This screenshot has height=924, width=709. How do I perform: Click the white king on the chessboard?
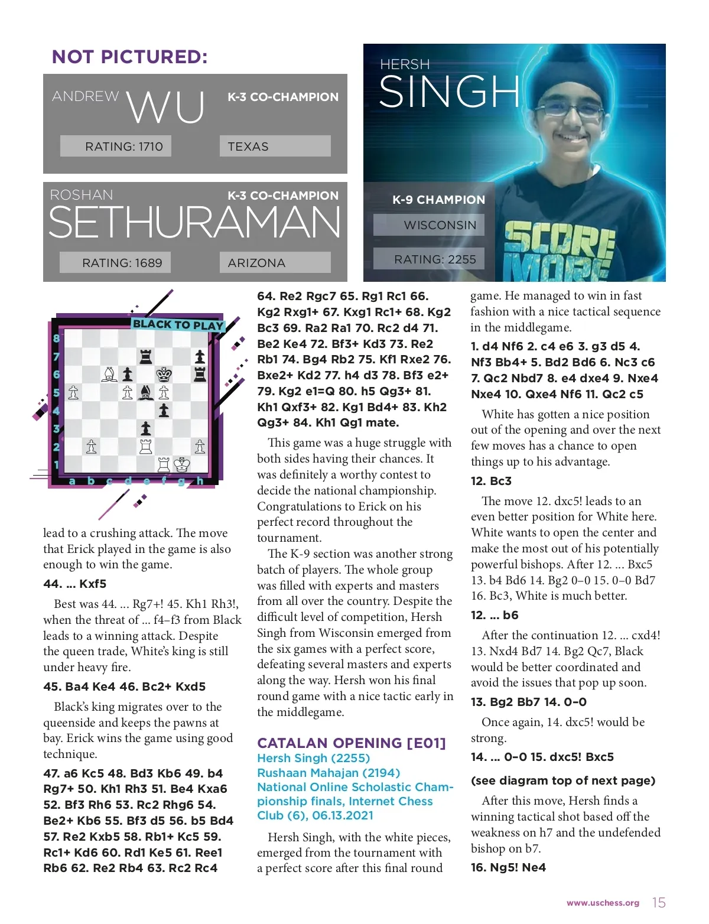(x=182, y=464)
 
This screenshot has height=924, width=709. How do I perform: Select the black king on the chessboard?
(x=164, y=374)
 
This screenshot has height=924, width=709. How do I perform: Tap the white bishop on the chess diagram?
(x=109, y=374)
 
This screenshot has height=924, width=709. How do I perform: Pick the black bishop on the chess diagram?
(x=145, y=392)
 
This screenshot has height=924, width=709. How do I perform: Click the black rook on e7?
(x=145, y=356)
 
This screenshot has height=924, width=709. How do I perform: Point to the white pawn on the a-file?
(x=73, y=392)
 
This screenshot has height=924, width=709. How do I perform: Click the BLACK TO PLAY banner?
(x=178, y=324)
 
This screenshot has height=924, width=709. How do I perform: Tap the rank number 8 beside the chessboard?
(x=57, y=339)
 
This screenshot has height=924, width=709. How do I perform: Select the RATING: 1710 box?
(x=116, y=146)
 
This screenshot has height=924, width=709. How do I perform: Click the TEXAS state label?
(x=275, y=146)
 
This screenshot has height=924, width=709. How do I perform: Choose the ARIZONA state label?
(x=275, y=263)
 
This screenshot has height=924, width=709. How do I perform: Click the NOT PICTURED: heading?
(x=130, y=57)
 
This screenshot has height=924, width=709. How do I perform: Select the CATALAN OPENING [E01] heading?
(x=352, y=743)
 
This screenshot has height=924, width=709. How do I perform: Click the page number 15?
(x=659, y=903)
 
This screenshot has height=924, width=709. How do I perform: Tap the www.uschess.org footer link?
(x=603, y=903)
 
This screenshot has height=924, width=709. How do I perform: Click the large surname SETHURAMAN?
(x=194, y=223)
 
